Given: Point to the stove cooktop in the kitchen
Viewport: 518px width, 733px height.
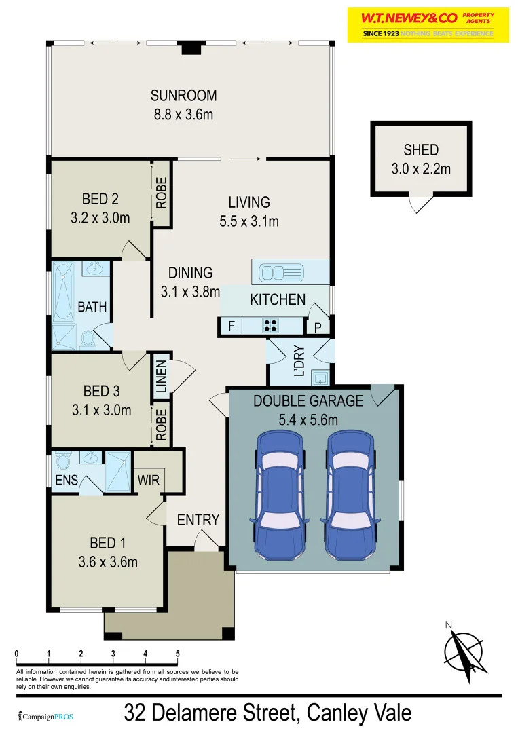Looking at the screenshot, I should click(x=270, y=326).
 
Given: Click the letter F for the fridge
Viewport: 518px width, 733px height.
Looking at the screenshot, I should click(x=232, y=326).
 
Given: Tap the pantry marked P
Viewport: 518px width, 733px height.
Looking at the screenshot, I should click(x=317, y=327).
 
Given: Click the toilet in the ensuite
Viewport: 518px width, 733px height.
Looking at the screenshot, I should click(x=63, y=462).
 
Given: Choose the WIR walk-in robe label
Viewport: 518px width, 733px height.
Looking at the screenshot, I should click(x=148, y=480).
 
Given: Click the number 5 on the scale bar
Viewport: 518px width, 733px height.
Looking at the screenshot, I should click(x=178, y=654).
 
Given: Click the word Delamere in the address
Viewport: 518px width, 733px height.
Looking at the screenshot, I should click(x=225, y=713).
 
